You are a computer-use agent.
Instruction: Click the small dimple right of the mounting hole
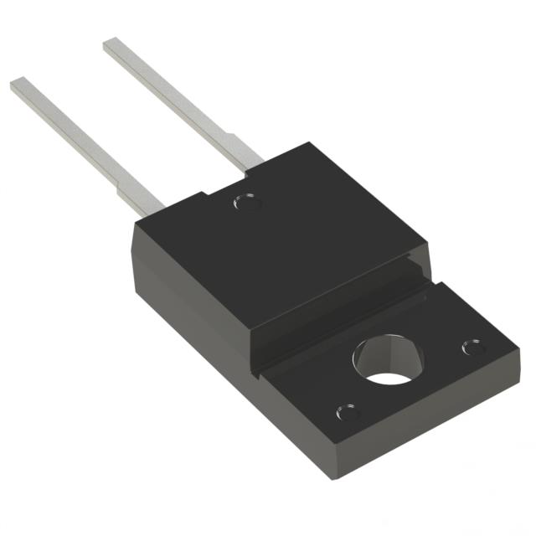472,346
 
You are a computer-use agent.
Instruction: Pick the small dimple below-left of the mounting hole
346,412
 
